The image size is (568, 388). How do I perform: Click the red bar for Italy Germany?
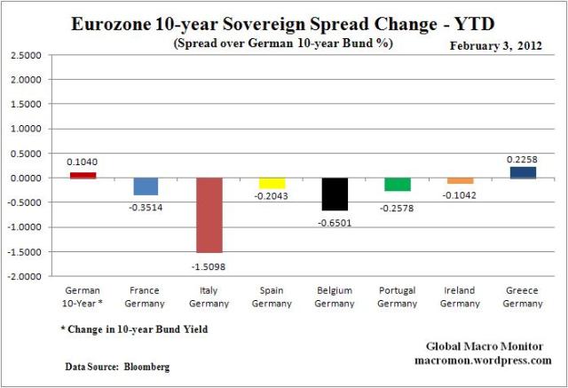(209, 215)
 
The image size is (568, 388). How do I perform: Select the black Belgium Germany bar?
(335, 194)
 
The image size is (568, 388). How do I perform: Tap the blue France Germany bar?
(146, 186)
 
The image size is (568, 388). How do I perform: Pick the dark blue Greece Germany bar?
(523, 172)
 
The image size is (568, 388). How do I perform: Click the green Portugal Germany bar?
(397, 184)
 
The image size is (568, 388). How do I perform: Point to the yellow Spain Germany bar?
(272, 183)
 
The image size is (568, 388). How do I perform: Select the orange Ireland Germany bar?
(460, 180)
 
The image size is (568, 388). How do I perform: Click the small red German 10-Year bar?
(83, 175)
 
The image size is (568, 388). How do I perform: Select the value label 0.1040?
(83, 162)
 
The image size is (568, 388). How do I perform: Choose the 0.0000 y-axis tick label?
(26, 178)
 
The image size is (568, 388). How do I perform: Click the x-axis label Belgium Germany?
(335, 297)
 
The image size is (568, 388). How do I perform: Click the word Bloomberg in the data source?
(148, 366)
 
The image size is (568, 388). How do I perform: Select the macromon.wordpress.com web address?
(483, 360)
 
